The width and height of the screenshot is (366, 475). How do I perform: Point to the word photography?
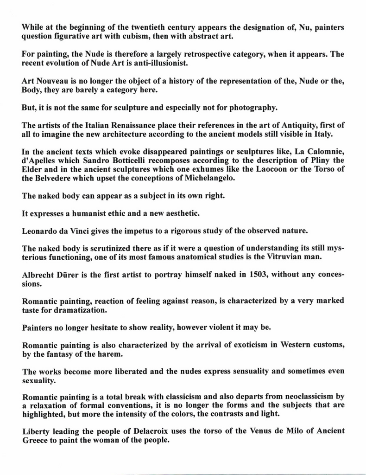tap(252, 108)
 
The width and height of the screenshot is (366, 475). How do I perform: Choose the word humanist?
tap(82, 213)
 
